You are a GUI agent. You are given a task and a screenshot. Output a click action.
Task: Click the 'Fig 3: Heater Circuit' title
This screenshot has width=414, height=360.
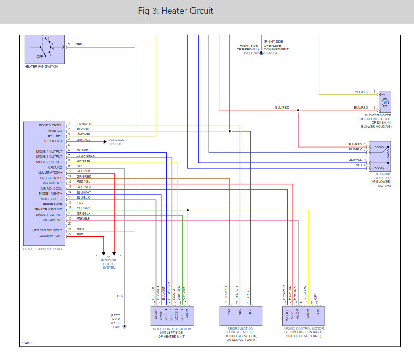coord(175,11)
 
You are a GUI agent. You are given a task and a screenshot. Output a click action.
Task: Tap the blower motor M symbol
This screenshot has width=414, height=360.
coord(385,102)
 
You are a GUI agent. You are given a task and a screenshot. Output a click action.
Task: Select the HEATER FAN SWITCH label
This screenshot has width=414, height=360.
coord(41,66)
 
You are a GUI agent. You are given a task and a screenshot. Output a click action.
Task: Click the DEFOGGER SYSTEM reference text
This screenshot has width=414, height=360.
coord(117,142)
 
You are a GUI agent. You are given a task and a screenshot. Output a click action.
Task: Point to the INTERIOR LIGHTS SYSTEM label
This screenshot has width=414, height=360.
coord(109,264)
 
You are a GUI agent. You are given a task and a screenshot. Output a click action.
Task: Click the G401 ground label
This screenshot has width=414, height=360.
coord(117,327)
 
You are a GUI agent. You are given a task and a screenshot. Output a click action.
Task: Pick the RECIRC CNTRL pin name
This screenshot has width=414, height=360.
coord(50,125)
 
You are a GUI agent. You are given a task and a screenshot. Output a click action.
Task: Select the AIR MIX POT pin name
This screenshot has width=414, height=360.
coord(53,220)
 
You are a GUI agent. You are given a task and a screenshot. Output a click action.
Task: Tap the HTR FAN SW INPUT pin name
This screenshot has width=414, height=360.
coord(47,230)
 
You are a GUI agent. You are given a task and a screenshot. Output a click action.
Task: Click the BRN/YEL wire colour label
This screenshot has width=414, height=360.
coord(83,140)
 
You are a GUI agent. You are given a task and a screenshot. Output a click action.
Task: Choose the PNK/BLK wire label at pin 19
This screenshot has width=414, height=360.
coord(84,219)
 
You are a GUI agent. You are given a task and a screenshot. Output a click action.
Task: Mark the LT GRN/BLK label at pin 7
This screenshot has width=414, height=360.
coord(85,155)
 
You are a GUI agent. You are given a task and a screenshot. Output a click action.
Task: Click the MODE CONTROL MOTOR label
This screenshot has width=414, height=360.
coord(172,329)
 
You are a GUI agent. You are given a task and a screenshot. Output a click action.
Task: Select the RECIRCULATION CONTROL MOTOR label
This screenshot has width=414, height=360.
coord(240,330)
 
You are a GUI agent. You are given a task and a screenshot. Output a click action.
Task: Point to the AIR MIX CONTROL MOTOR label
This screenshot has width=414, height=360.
coord(304,329)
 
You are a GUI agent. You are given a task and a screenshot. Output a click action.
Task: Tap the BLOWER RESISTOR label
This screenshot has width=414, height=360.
coord(383,176)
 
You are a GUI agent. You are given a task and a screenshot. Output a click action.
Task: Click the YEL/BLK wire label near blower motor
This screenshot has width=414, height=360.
coord(361,92)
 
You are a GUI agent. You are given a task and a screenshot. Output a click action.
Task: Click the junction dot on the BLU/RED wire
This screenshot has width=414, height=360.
coord(298,110)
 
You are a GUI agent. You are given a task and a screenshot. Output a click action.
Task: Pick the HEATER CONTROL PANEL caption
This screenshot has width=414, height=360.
coord(43,249)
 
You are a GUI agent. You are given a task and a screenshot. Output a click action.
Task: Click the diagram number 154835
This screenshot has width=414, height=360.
coord(27,343)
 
